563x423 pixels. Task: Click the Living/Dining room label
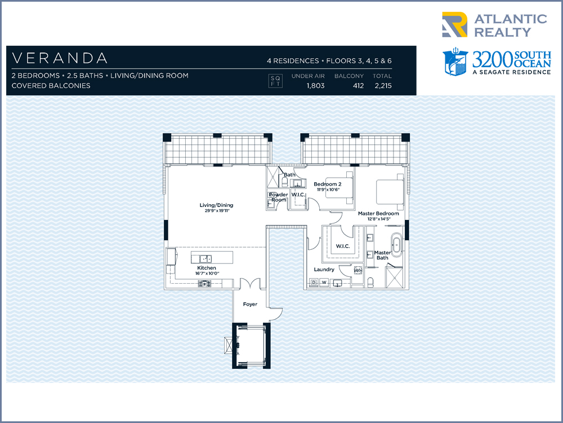pos(217,205)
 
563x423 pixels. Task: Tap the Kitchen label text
pos(207,267)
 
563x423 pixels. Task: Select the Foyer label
pos(250,305)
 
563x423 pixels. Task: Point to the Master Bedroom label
pos(378,213)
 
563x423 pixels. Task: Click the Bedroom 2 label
pos(328,184)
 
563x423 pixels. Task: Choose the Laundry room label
pos(324,270)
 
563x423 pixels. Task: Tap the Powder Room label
pos(278,197)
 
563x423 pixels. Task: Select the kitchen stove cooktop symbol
pos(205,284)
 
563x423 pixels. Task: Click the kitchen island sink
pos(205,258)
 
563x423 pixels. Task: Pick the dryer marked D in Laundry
pos(314,283)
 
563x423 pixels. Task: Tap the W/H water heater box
pos(358,270)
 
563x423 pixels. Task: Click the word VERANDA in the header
pos(60,58)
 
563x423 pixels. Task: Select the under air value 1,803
pos(316,86)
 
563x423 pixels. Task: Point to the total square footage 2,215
pos(383,86)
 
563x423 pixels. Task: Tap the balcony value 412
pos(358,86)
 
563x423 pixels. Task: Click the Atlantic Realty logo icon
pos(454,24)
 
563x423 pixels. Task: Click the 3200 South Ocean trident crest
pos(455,62)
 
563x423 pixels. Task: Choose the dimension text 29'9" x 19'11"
pos(217,211)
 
